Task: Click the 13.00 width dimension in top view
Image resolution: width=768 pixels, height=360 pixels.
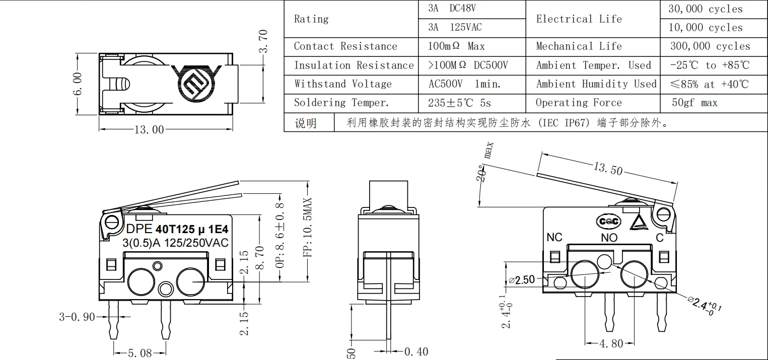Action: [149, 129]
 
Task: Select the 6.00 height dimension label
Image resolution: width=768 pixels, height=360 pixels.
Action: [77, 84]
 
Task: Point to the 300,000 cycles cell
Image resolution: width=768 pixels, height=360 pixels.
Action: [710, 46]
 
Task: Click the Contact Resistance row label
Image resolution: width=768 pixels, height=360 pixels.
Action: [345, 46]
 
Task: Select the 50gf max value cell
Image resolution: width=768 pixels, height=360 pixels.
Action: [694, 103]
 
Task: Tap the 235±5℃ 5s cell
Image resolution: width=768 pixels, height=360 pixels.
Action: [459, 103]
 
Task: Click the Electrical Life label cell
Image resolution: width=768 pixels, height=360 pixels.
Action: [579, 19]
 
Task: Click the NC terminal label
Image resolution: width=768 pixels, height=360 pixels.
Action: [554, 237]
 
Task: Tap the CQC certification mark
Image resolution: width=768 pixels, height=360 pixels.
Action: [608, 221]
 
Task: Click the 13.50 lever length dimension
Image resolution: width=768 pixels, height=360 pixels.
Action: [608, 169]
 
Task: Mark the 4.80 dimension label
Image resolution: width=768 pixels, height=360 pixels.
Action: [611, 344]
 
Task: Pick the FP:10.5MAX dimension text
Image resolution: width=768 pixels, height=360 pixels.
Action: [308, 227]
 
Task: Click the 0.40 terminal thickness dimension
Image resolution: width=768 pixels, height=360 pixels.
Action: [416, 351]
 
